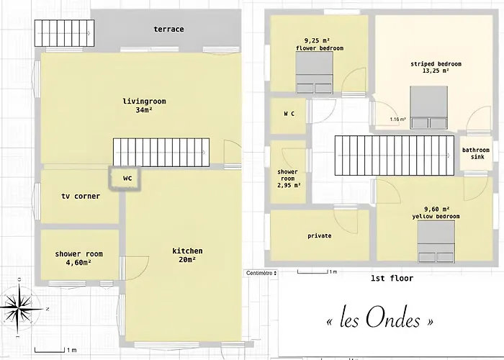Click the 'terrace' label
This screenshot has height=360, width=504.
pos(168,30)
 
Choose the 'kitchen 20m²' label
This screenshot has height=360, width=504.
pos(187,256)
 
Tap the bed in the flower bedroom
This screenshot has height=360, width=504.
pos(315,74)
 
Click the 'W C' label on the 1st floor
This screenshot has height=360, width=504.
pos(289,114)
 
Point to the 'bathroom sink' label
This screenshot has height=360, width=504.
pos(476,154)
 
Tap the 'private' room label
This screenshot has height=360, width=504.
pos(319,236)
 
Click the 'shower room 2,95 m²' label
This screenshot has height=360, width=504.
pos(288,178)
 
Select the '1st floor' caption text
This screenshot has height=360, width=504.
pos(392,279)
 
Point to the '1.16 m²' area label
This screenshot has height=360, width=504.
pos(398,120)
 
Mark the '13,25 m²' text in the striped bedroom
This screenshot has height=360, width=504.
pos(436,71)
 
